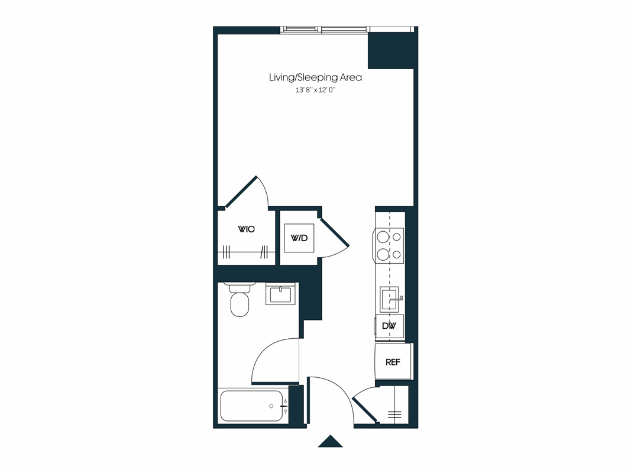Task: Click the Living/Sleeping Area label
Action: tap(315, 77)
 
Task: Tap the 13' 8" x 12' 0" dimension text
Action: tap(319, 90)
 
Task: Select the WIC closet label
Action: tap(246, 229)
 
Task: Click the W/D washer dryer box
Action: tap(299, 238)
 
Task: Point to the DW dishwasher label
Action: tap(389, 326)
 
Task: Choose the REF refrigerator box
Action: tap(393, 362)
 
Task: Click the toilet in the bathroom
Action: tap(240, 302)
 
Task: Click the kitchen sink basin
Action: tap(389, 299)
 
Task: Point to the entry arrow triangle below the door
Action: tap(330, 442)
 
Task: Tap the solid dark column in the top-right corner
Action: tap(390, 51)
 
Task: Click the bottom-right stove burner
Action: tap(397, 255)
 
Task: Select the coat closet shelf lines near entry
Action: tap(394, 414)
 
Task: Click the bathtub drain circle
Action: tap(271, 406)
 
